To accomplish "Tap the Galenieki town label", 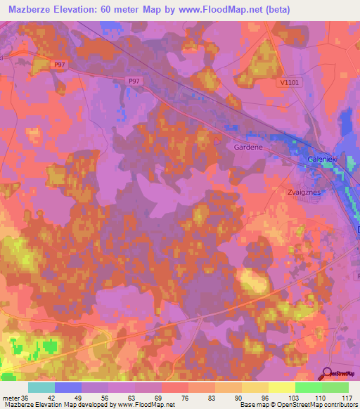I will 323,161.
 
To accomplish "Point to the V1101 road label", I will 288,83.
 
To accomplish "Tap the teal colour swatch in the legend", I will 41,387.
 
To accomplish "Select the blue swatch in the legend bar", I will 68,387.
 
